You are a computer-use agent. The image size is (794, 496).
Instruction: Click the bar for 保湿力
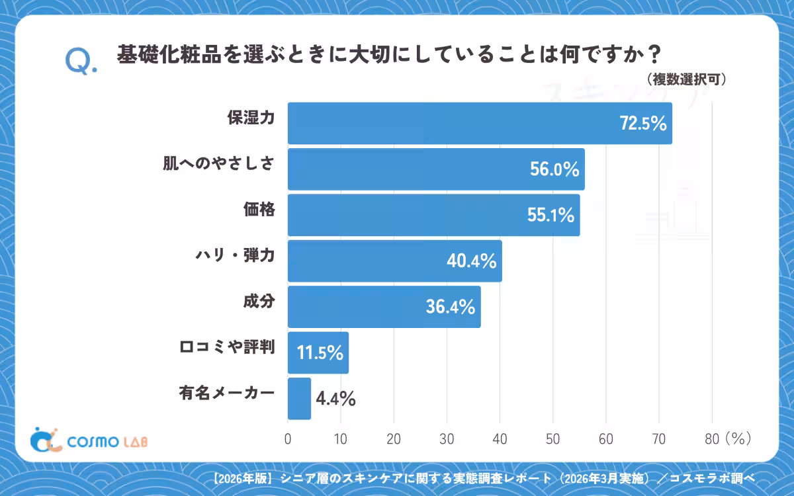tap(480, 123)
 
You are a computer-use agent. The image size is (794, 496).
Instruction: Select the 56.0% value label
tap(554, 169)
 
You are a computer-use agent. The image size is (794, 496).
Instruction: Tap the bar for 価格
tap(434, 215)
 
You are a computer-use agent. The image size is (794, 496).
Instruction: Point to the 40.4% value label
tap(471, 261)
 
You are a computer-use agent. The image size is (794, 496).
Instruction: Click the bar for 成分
tap(384, 307)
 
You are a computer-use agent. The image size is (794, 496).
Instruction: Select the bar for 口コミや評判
tap(318, 353)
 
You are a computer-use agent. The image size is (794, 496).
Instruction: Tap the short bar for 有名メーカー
tap(300, 399)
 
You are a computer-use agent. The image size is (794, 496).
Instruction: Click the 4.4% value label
tap(335, 399)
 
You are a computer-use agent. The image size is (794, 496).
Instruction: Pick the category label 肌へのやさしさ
tap(219, 164)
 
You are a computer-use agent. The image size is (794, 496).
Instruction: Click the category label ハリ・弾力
tap(235, 255)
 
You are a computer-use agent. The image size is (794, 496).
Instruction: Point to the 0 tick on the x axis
tap(288, 439)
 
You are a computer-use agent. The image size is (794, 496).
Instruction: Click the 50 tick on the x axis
tap(552, 439)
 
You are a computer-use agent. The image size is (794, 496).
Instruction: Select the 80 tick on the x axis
tap(712, 439)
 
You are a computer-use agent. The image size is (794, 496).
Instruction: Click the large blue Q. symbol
tap(81, 62)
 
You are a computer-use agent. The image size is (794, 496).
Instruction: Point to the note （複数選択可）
tap(686, 79)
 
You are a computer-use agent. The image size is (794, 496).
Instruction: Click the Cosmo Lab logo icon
tap(46, 440)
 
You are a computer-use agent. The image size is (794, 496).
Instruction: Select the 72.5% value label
tap(643, 123)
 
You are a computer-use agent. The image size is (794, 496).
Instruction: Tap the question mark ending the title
tap(654, 54)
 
